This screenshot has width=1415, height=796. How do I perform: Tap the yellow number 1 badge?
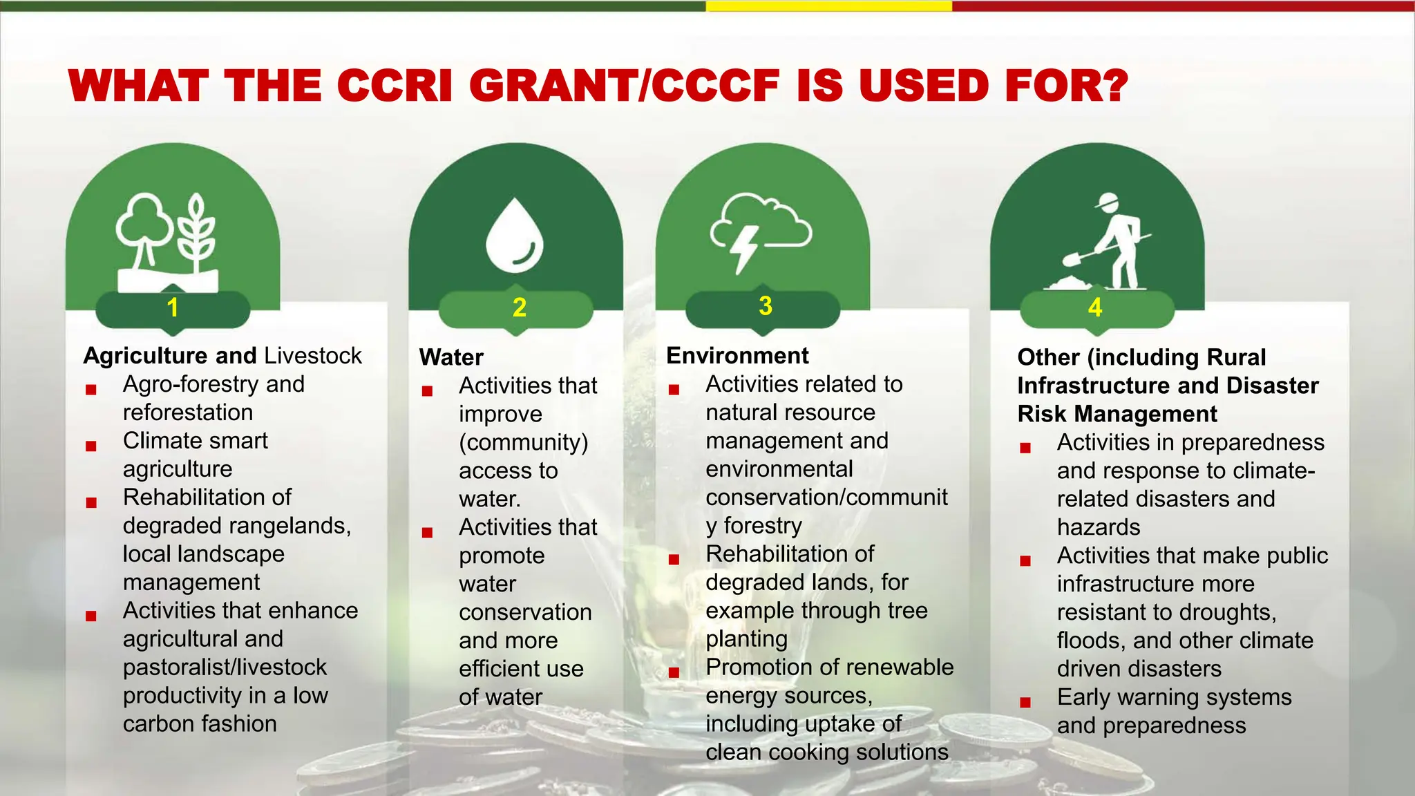173,307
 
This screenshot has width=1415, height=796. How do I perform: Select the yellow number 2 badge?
520,307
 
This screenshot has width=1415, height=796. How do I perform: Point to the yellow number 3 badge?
765,306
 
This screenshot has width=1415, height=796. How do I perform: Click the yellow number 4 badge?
1095,307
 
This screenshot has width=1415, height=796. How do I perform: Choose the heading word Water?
451,357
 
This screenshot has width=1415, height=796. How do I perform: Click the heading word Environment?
737,356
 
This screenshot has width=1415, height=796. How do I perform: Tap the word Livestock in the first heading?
313,356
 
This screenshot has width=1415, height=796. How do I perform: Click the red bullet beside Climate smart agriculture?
91,446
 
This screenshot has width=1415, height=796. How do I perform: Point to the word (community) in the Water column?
524,442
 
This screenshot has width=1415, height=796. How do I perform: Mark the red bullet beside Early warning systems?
1025,703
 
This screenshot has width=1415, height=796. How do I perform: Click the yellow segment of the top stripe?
828,6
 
